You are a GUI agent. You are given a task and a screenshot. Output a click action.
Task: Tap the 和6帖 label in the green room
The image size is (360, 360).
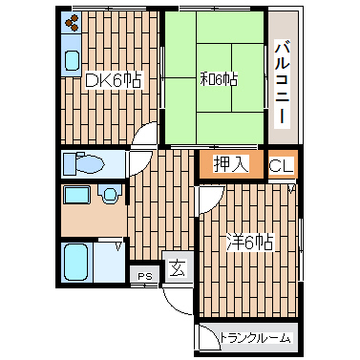(x=219, y=78)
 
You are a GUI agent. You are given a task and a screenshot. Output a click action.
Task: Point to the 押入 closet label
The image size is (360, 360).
(x=231, y=163)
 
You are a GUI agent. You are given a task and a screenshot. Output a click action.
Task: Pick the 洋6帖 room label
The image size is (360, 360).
(x=250, y=243)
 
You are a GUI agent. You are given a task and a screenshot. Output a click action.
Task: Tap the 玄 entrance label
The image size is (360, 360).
(x=177, y=269)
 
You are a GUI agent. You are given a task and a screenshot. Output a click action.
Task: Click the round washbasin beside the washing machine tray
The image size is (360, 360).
(x=111, y=196)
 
